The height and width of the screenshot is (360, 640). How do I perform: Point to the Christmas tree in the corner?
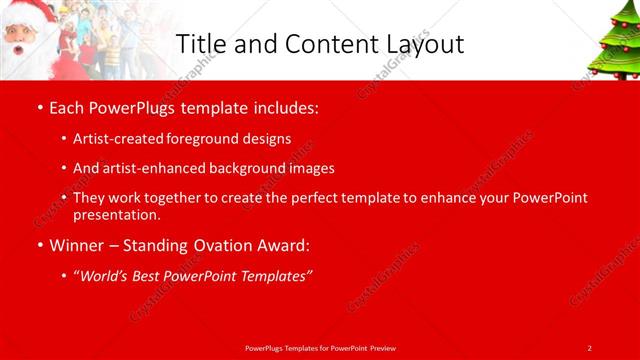point(613,40)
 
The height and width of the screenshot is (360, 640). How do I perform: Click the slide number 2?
point(589,347)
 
